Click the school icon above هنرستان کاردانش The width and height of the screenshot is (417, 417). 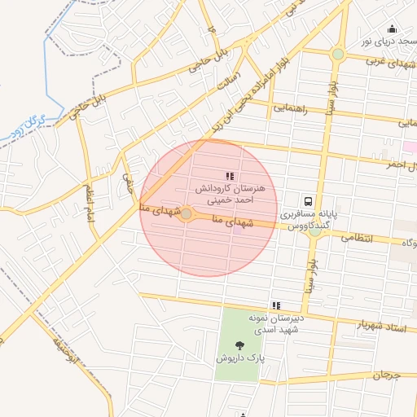pos(230,176)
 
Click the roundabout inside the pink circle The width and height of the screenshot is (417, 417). pos(187,214)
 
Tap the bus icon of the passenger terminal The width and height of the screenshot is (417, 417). pos(308,200)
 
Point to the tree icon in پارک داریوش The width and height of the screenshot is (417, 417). pos(242,345)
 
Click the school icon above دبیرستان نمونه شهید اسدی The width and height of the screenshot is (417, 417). pos(275,305)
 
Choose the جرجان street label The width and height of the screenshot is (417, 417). pos(388,375)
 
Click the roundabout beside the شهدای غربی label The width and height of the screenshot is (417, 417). pos(337,55)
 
